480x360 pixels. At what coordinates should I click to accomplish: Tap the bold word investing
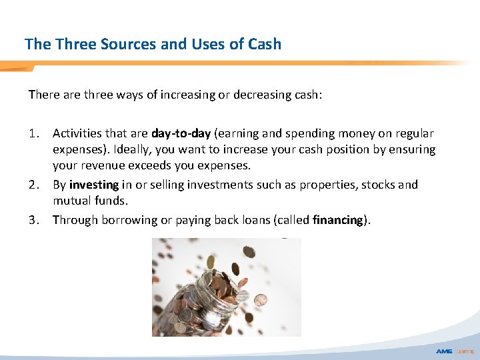[93, 184]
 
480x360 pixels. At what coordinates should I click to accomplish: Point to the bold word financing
[339, 219]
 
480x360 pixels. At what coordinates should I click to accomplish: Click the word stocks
[377, 184]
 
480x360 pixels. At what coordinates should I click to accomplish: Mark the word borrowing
[129, 219]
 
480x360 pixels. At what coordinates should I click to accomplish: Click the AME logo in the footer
[444, 351]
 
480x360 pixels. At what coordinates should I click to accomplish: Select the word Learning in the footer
[465, 351]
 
